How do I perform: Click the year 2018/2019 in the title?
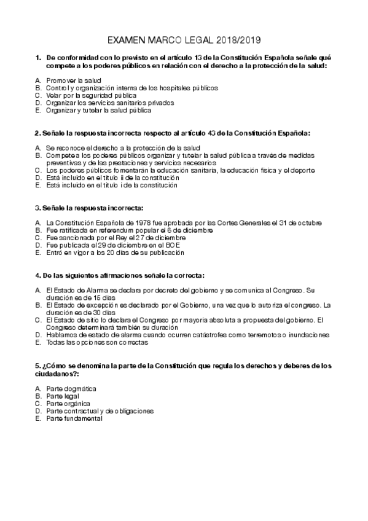click(238, 41)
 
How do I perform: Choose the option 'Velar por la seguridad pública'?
click(82, 96)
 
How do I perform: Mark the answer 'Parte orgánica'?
click(68, 404)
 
